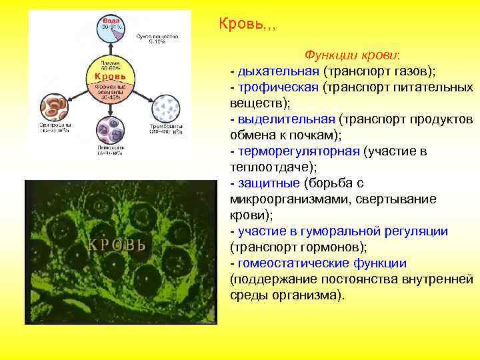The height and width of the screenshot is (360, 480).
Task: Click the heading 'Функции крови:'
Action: pyautogui.click(x=343, y=55)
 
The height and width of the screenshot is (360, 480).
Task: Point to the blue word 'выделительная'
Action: pyautogui.click(x=285, y=119)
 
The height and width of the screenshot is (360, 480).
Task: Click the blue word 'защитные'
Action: pyautogui.click(x=267, y=183)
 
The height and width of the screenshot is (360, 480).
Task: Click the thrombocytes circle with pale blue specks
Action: pyautogui.click(x=166, y=107)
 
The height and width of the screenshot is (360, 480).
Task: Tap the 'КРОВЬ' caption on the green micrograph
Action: pyautogui.click(x=117, y=244)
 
